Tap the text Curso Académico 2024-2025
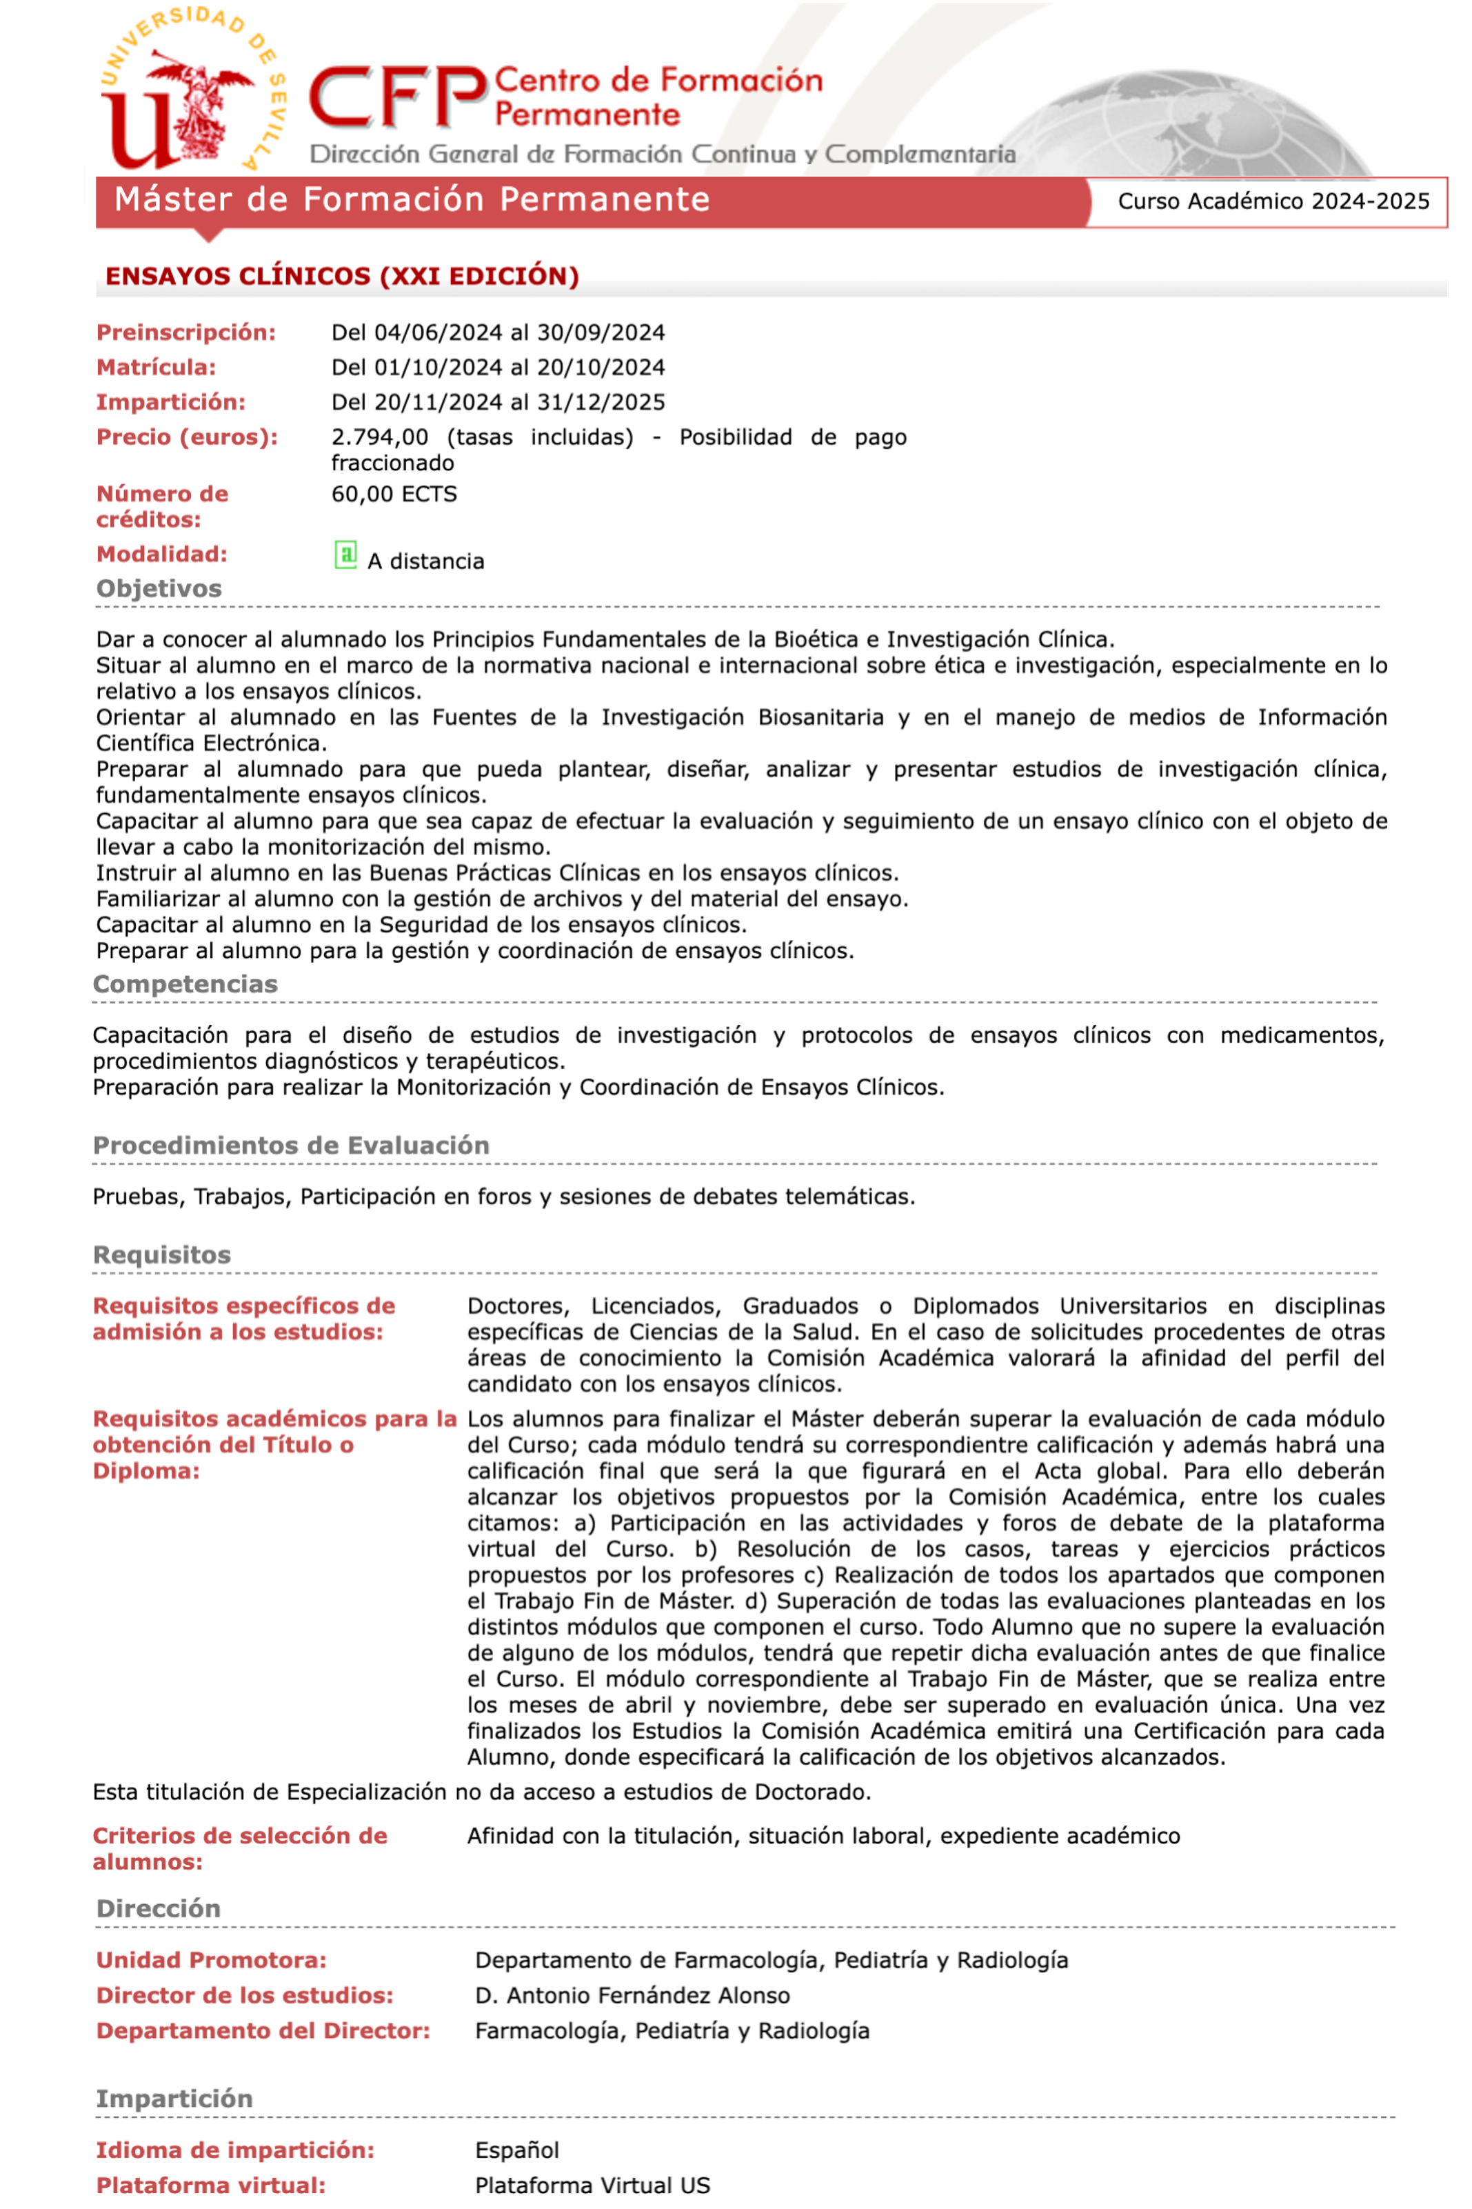tap(1273, 201)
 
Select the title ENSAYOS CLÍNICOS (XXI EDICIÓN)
tap(342, 276)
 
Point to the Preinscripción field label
tap(186, 332)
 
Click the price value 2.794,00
tap(379, 437)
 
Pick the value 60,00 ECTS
tap(394, 494)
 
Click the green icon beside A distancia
tap(345, 554)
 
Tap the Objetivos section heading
tap(159, 588)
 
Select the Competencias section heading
tap(185, 984)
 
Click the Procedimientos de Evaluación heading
tap(291, 1146)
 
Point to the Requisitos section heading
tap(161, 1255)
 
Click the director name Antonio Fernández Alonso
tap(648, 1995)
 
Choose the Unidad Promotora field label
tap(211, 1960)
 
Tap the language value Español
tap(516, 2150)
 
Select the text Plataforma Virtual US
tap(592, 2186)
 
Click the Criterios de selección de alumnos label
tap(239, 1848)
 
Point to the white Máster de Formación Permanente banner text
tap(411, 200)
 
